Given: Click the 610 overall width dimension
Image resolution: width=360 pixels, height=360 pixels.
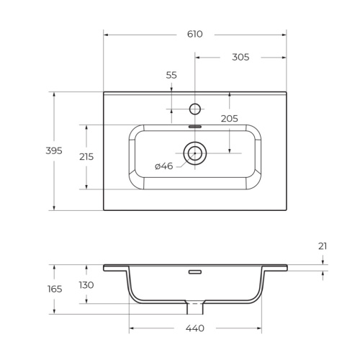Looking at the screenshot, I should pyautogui.click(x=194, y=34).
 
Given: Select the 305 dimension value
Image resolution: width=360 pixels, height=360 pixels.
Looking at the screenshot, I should pyautogui.click(x=240, y=58).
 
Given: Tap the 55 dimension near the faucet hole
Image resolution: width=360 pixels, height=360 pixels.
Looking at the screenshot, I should pyautogui.click(x=171, y=75).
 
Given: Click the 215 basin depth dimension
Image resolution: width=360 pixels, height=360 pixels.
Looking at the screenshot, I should pyautogui.click(x=86, y=156).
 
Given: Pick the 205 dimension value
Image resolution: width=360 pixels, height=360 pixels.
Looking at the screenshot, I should pyautogui.click(x=229, y=119).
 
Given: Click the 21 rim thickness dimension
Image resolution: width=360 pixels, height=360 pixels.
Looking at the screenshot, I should pyautogui.click(x=322, y=246).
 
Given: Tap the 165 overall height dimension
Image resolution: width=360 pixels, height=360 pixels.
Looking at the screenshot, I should pyautogui.click(x=55, y=289).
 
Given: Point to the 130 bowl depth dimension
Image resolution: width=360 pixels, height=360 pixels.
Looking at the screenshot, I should pyautogui.click(x=86, y=284).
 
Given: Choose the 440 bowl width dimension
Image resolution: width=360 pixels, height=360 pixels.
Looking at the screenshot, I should pyautogui.click(x=194, y=329).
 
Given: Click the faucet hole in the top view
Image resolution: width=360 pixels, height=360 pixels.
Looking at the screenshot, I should pyautogui.click(x=194, y=109).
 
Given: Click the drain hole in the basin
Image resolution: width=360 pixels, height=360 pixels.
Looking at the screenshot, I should pyautogui.click(x=194, y=153).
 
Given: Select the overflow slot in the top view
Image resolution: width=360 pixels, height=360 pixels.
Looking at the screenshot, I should pyautogui.click(x=194, y=126).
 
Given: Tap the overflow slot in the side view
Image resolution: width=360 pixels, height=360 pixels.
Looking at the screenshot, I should pyautogui.click(x=194, y=272).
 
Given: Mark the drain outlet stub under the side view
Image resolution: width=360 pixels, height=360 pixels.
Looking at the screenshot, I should pyautogui.click(x=194, y=308).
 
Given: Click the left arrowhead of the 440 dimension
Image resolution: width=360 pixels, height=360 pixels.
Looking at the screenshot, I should pyautogui.click(x=132, y=329).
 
